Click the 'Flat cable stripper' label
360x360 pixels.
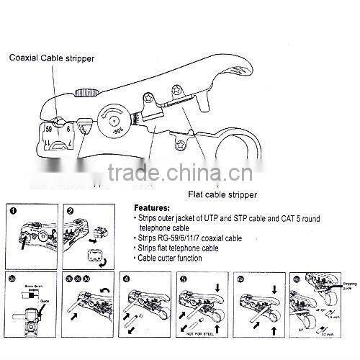(222, 194)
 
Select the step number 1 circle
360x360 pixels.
(12, 211)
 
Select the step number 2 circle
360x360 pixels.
(71, 211)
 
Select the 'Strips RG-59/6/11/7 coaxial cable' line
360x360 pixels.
(189, 237)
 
